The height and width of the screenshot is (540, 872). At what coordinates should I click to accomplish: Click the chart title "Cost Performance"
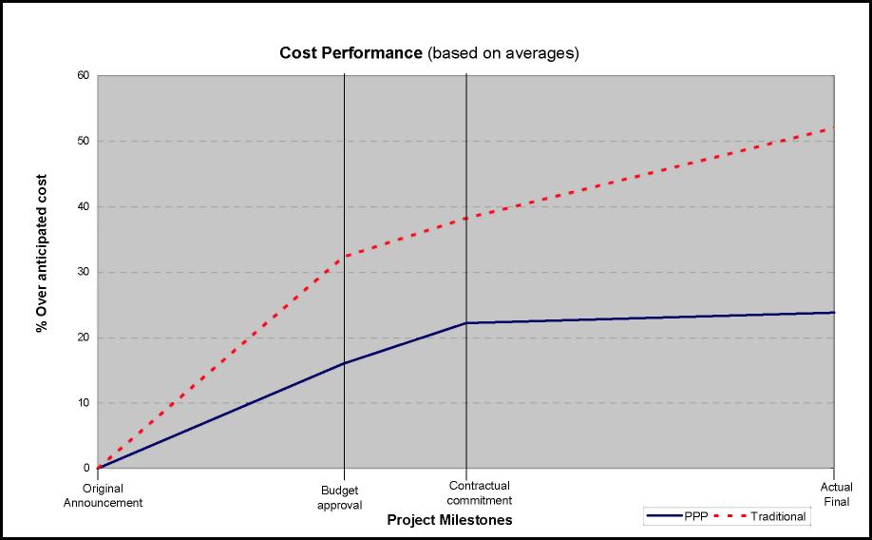351,53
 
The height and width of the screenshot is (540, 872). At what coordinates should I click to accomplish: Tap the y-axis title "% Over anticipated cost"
42,252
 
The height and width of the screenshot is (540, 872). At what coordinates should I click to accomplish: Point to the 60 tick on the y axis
84,75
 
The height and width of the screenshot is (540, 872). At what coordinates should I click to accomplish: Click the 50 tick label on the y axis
84,141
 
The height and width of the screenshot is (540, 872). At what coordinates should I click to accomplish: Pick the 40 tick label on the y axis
84,206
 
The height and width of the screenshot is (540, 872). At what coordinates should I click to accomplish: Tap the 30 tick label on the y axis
84,272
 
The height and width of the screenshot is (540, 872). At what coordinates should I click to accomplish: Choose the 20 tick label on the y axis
84,337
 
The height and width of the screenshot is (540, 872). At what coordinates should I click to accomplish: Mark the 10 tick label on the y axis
84,403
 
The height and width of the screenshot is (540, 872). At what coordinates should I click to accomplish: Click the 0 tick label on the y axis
86,468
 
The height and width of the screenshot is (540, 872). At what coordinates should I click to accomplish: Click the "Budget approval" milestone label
340,498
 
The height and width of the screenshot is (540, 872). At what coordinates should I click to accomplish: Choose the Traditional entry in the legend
778,517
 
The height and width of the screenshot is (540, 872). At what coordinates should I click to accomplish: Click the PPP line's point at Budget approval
344,363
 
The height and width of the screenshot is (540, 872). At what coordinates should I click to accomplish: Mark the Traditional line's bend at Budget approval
344,257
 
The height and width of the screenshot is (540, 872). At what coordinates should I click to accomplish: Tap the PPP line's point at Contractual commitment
466,323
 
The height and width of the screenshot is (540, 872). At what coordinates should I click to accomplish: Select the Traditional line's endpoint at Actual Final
834,127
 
